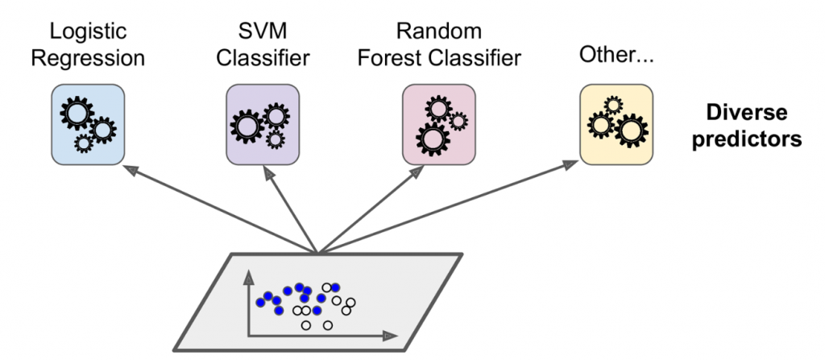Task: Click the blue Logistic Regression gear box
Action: coord(87,122)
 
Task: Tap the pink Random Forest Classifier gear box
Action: coord(436,122)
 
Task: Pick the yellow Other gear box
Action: coord(613,121)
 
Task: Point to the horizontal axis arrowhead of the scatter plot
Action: coord(392,334)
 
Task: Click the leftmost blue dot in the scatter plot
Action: coord(260,303)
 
